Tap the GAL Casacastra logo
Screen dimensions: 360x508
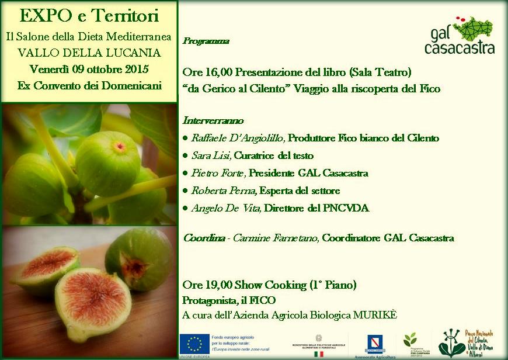tap(460, 36)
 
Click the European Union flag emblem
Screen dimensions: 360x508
tap(194, 344)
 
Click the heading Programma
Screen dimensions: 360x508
tap(206, 41)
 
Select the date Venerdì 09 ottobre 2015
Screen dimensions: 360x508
tap(89, 69)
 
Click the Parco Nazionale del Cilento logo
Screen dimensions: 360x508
tap(467, 344)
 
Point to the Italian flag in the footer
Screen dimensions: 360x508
tap(318, 354)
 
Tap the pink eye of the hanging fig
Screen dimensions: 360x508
tap(119, 146)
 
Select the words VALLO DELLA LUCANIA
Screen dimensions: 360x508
tap(89, 53)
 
